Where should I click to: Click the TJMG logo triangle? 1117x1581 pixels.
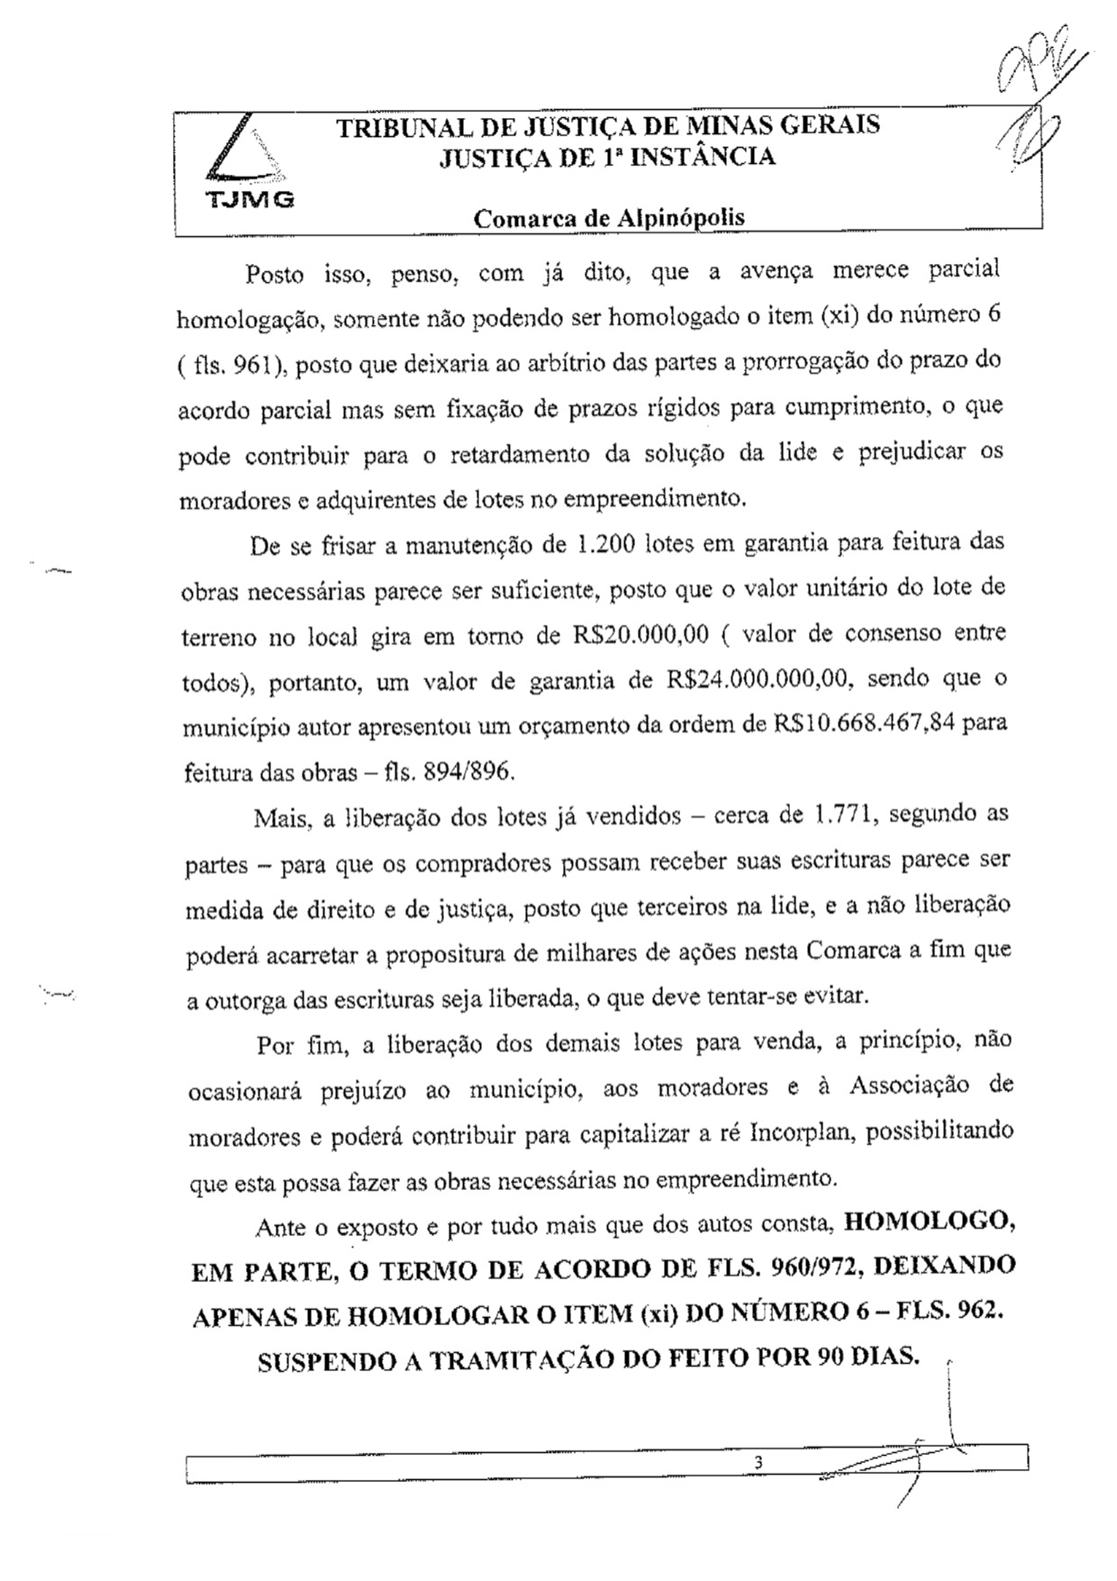[245, 154]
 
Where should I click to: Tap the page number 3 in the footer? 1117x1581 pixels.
[758, 1462]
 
